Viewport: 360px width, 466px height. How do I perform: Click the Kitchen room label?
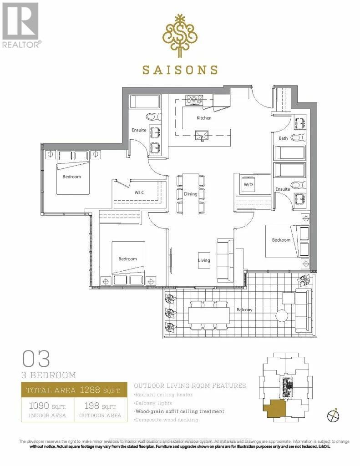click(204, 118)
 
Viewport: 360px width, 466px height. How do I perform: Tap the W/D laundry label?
click(248, 185)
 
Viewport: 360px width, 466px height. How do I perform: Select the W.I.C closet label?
click(139, 192)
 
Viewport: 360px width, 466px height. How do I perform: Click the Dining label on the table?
click(191, 194)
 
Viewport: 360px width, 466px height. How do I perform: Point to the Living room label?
click(204, 260)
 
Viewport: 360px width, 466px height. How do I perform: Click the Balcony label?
click(244, 310)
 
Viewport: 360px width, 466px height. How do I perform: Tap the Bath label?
click(283, 138)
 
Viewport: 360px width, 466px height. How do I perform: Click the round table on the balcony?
click(282, 315)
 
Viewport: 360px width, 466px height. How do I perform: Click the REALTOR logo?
click(21, 25)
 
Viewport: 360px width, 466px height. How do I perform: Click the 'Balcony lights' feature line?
click(153, 403)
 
